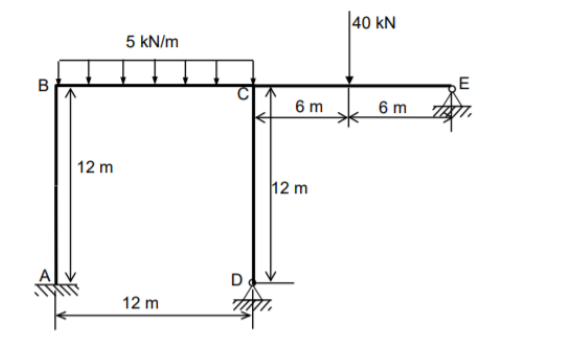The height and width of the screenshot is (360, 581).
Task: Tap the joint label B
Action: (44, 86)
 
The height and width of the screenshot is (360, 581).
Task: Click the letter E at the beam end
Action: (461, 79)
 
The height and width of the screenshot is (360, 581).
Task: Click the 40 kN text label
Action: (375, 24)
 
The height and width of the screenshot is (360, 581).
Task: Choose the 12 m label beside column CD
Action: (291, 187)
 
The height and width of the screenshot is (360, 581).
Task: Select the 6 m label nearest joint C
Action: (308, 107)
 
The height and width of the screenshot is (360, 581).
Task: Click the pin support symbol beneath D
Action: (253, 297)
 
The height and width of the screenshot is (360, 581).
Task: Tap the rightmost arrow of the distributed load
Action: (251, 72)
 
